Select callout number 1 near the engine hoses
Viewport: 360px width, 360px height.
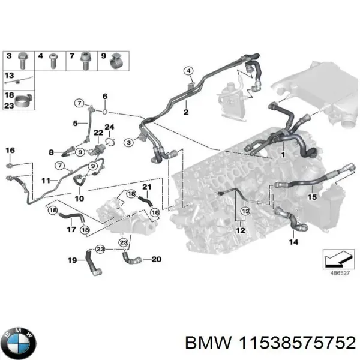click(x=282, y=155)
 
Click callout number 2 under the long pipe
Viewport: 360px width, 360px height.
click(x=186, y=112)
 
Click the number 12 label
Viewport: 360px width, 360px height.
click(x=240, y=230)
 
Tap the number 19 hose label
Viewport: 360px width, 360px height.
click(x=71, y=260)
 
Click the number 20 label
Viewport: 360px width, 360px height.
click(x=155, y=259)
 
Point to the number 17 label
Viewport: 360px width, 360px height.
click(x=71, y=229)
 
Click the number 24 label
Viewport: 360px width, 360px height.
click(x=109, y=127)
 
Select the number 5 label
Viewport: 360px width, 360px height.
click(x=76, y=124)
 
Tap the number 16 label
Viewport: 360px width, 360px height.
click(x=10, y=150)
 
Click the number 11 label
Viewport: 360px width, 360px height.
click(x=46, y=180)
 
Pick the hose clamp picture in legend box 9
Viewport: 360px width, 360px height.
click(x=116, y=59)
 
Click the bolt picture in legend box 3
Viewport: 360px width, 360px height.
click(x=23, y=59)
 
